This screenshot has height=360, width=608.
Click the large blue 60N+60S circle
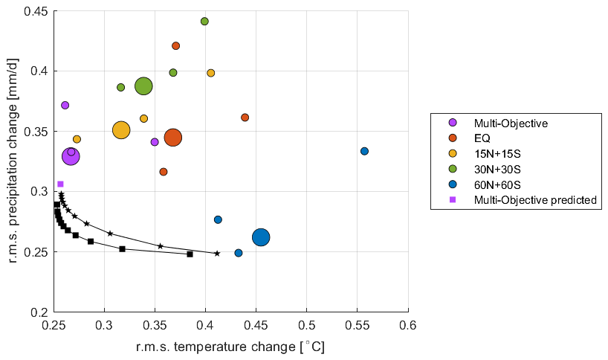(261, 237)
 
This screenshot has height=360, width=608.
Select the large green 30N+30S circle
(143, 86)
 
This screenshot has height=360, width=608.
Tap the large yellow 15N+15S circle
(121, 130)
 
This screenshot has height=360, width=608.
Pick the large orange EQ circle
(173, 138)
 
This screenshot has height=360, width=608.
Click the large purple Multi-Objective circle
(71, 156)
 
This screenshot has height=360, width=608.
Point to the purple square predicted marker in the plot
(60, 184)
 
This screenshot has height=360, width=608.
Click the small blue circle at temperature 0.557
(364, 151)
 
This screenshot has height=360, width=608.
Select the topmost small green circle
(204, 22)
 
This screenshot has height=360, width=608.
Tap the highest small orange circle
(176, 46)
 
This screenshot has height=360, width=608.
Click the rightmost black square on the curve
(190, 254)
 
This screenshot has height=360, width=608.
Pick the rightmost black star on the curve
(217, 254)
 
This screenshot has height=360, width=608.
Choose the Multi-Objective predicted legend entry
(536, 199)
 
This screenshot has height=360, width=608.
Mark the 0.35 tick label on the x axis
(155, 326)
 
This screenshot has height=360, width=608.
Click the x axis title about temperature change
(230, 347)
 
